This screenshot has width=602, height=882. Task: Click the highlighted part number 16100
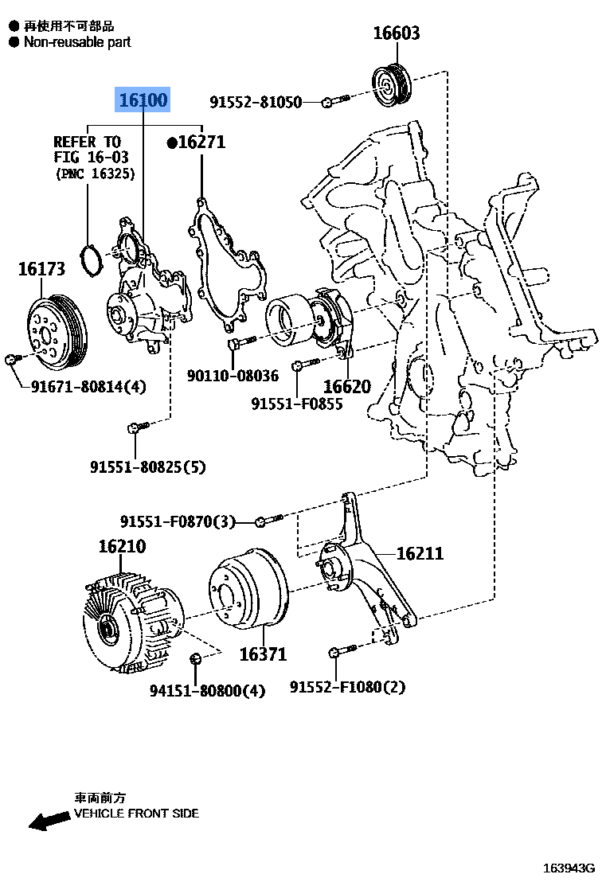coord(143,100)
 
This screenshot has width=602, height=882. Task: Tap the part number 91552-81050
coord(256,102)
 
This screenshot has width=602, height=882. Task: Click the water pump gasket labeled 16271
coord(227,267)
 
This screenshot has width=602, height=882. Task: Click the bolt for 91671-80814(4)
coord(10,361)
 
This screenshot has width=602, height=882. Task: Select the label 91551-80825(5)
coord(147,467)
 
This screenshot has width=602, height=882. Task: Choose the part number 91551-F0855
coord(296,404)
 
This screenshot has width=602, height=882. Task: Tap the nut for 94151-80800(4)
coord(195,658)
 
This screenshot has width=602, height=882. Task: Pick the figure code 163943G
coord(569,868)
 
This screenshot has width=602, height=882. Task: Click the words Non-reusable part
coord(76,42)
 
